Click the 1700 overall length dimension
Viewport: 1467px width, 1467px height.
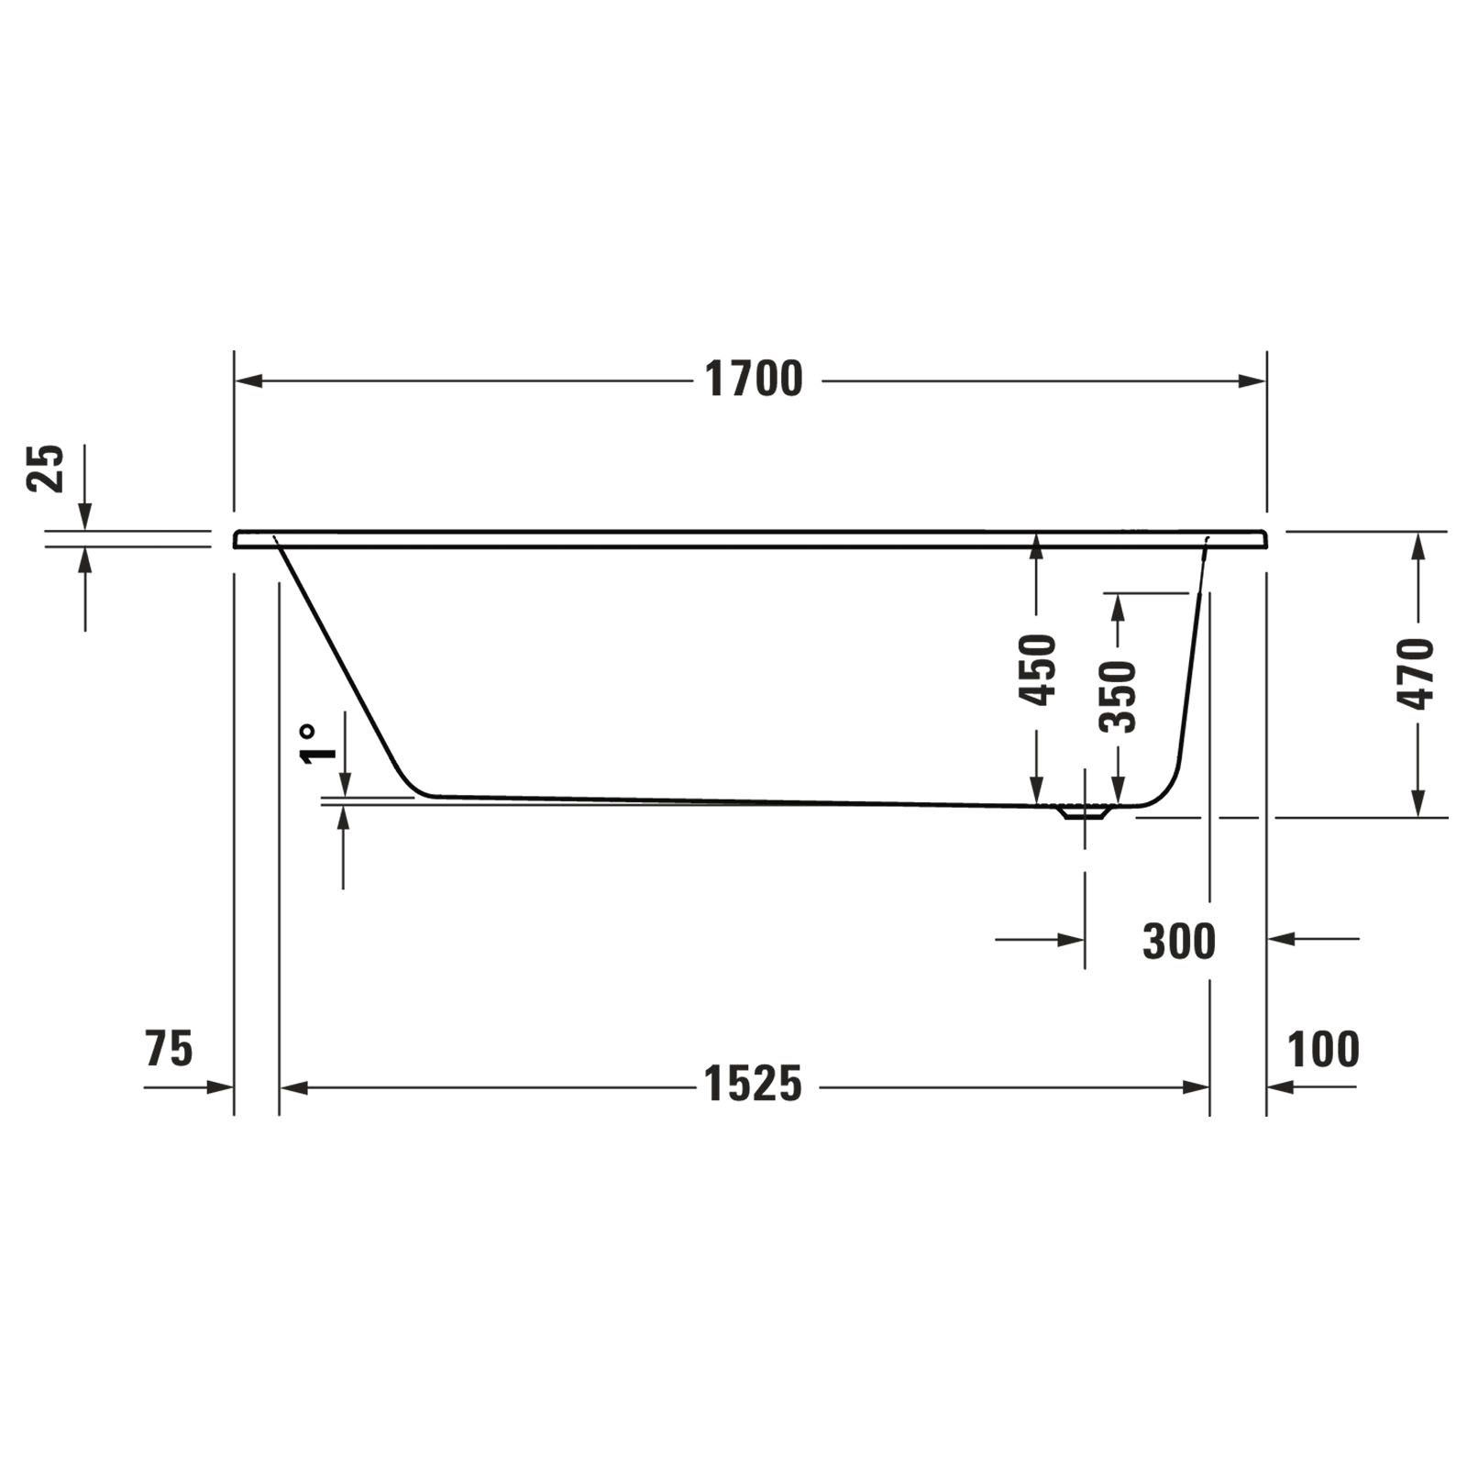point(753,379)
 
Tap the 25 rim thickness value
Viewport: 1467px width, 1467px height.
point(46,469)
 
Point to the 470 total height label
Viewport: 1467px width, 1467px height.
point(1415,674)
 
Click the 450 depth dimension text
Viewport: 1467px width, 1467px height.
point(1039,670)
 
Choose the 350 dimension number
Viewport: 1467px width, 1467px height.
point(1118,697)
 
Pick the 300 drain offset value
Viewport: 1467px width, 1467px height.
point(1179,942)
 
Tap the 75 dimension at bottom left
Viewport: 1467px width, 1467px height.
point(170,1049)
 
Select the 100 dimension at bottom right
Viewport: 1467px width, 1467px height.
point(1323,1050)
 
